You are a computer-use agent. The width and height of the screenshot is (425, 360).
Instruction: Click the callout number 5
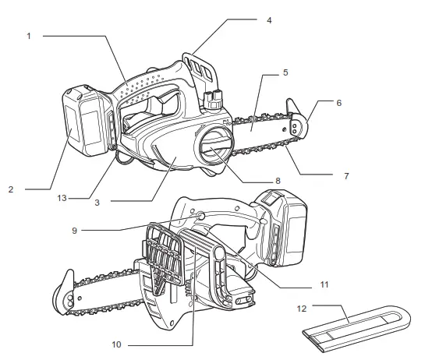[286, 72]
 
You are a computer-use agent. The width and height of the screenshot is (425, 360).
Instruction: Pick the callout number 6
[338, 102]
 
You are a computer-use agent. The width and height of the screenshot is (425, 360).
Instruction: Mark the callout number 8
[277, 182]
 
